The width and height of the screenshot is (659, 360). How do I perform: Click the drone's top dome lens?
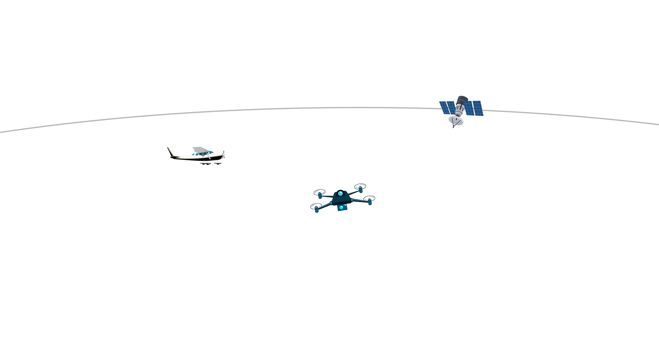pos(340,193)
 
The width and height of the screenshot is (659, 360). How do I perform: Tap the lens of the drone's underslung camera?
pos(341,207)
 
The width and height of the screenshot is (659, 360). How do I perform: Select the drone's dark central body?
pos(341,199)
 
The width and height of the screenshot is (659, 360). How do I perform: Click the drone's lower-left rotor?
pos(316,207)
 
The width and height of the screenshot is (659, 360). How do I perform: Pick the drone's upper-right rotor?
pos(360,186)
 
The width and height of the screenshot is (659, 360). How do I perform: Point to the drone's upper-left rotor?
pos(319,192)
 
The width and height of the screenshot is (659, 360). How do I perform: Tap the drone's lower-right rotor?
pos(369,199)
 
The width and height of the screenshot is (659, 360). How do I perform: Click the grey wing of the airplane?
pos(199,150)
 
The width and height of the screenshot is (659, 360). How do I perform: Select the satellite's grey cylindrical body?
pos(461,108)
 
